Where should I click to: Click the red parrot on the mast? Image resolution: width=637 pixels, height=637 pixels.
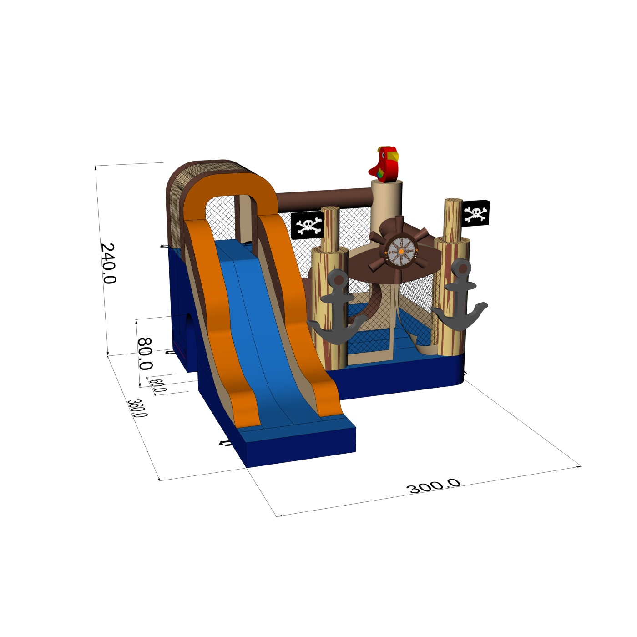click(x=384, y=164)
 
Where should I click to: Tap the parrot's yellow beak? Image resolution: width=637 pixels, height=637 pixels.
click(x=393, y=155)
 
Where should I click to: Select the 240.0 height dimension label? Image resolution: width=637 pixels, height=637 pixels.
click(x=108, y=263)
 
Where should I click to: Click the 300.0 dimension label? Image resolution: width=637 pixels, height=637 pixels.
click(x=433, y=486)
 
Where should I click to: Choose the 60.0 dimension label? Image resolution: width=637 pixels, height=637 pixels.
click(x=158, y=385)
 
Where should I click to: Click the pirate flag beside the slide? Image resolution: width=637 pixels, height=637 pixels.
click(x=307, y=225)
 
